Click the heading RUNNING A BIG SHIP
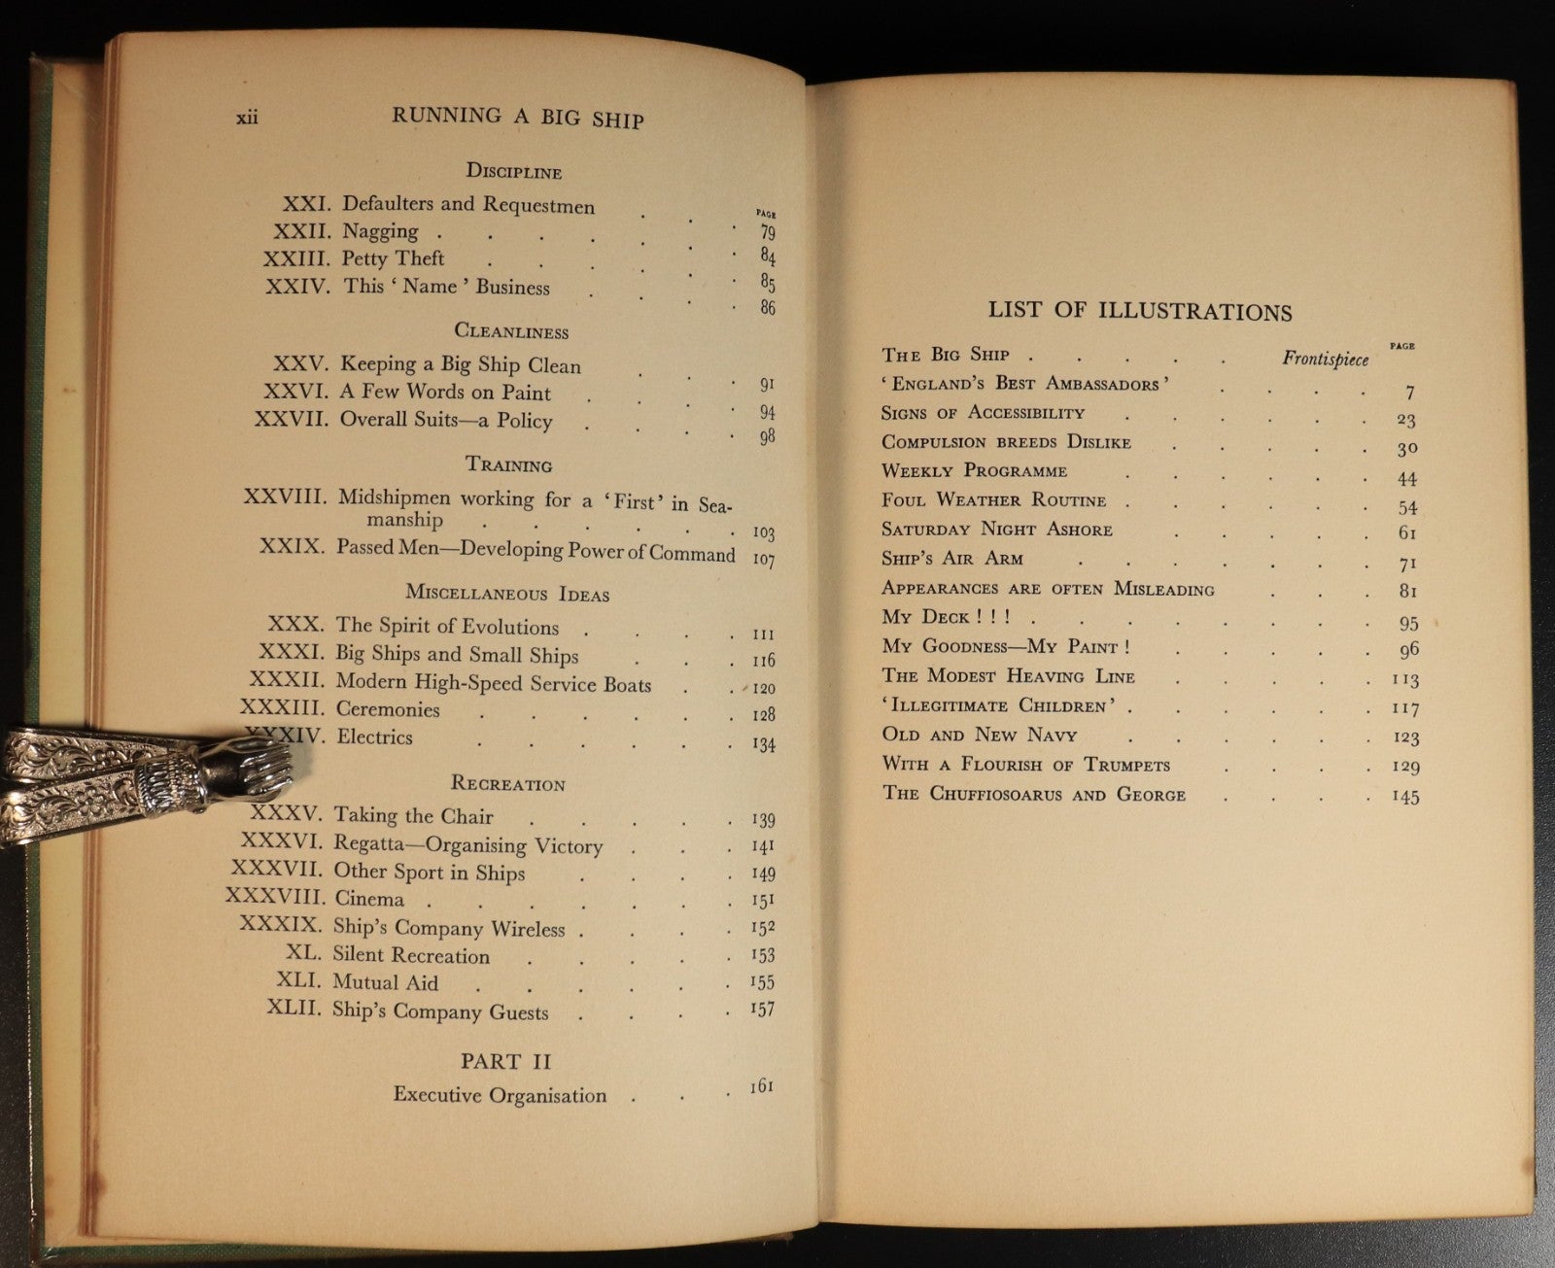point(517,118)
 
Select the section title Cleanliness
point(511,331)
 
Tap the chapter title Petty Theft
point(393,258)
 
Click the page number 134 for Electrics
point(763,745)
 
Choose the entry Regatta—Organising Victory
point(467,845)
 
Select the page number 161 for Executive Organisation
point(761,1086)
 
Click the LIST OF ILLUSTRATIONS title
point(1139,312)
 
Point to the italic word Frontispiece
point(1325,359)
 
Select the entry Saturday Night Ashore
point(996,530)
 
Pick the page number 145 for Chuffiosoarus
point(1404,797)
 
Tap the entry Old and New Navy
point(979,735)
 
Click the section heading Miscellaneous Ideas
point(506,593)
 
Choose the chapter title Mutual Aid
point(385,982)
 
